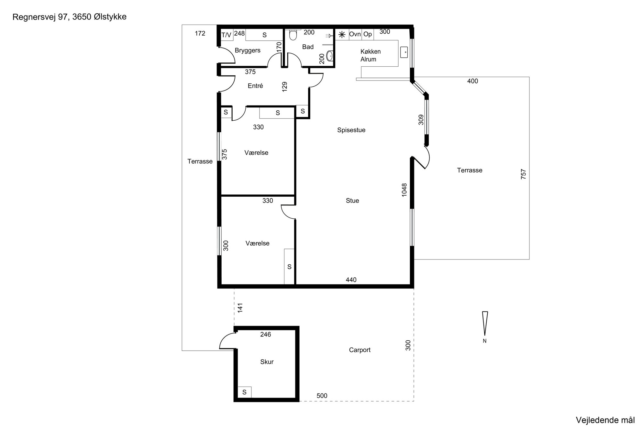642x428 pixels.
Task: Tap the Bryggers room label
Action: (x=248, y=51)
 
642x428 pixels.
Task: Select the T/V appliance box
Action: (x=227, y=35)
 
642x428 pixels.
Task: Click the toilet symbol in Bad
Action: (x=293, y=35)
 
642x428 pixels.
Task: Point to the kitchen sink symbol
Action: (x=404, y=52)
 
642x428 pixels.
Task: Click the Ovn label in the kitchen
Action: (x=355, y=34)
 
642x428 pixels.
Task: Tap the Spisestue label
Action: (x=351, y=130)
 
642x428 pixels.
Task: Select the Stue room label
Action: (x=352, y=201)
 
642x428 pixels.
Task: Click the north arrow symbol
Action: (x=485, y=323)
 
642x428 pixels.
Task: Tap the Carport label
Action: (x=360, y=350)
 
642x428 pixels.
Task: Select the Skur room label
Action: (x=267, y=362)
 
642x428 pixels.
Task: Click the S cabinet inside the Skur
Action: (x=244, y=392)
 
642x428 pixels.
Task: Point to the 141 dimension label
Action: (x=240, y=308)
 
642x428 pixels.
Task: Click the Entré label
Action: (x=255, y=86)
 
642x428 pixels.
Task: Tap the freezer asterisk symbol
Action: (x=342, y=34)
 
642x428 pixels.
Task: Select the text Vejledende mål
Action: (x=605, y=420)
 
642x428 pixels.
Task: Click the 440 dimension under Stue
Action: (x=351, y=280)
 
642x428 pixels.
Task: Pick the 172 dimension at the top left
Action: (x=200, y=33)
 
